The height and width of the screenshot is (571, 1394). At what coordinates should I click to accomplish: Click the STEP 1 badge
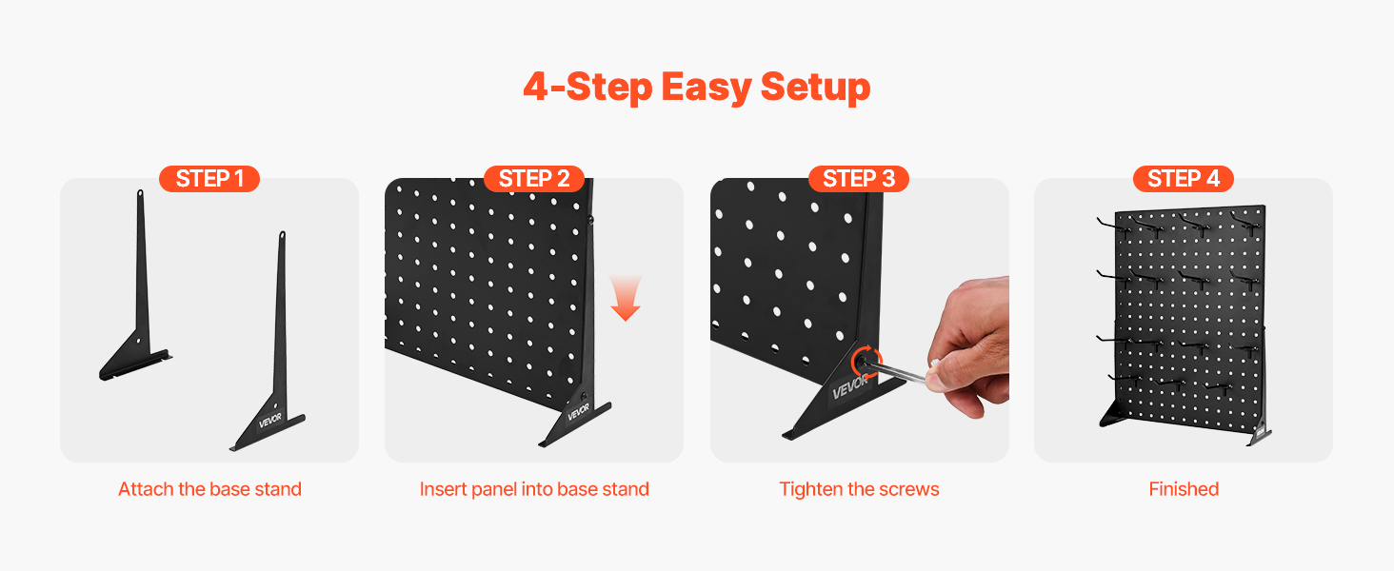[209, 179]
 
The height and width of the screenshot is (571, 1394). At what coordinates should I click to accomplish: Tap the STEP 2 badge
[534, 179]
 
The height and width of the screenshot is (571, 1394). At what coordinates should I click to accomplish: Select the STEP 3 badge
[859, 179]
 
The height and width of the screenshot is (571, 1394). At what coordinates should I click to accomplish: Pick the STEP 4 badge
[1183, 179]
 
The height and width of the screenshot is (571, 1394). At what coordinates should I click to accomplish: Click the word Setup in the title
[815, 88]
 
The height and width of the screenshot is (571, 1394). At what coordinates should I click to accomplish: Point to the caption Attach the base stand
[209, 489]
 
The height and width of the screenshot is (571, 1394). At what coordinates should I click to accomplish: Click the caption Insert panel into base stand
[534, 489]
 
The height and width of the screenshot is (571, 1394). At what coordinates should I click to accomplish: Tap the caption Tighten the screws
[859, 489]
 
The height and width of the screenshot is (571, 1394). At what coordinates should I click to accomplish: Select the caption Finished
[1184, 489]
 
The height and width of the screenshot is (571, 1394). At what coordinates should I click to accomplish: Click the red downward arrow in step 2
[626, 299]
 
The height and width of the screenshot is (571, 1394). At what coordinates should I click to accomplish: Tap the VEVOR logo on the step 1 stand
[270, 421]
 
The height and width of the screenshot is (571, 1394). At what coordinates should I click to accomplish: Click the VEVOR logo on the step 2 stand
[578, 411]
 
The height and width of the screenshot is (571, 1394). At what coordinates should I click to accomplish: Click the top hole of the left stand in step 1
[140, 193]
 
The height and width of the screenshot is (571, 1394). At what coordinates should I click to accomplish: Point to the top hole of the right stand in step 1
[283, 235]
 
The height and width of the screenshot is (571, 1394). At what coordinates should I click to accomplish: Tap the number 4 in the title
[536, 88]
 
